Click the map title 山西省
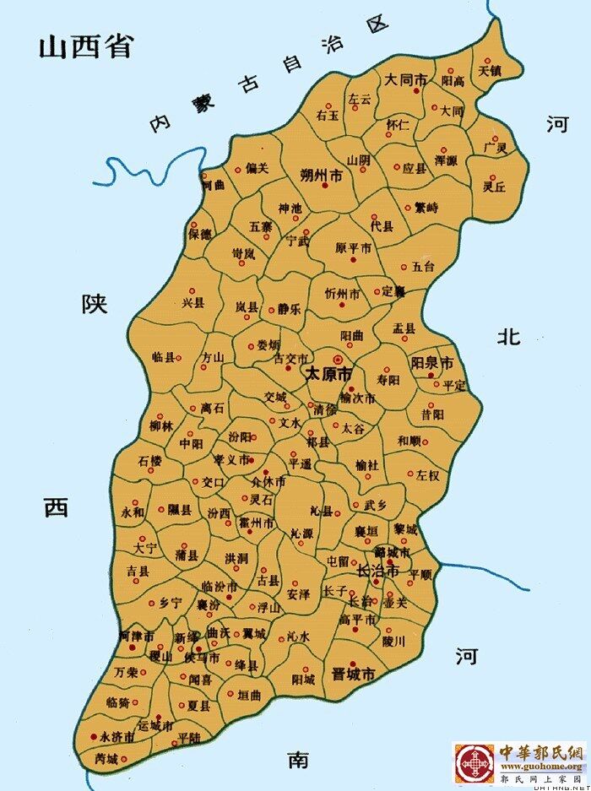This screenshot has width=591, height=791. click(85, 46)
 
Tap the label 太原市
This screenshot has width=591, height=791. click(328, 373)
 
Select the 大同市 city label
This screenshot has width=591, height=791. click(403, 79)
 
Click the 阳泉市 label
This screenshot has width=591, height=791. click(431, 363)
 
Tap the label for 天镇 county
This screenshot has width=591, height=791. click(491, 71)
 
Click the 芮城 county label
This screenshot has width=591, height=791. click(106, 757)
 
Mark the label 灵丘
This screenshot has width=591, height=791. click(494, 186)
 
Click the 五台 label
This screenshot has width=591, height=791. click(422, 268)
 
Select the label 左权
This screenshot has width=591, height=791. click(427, 475)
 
